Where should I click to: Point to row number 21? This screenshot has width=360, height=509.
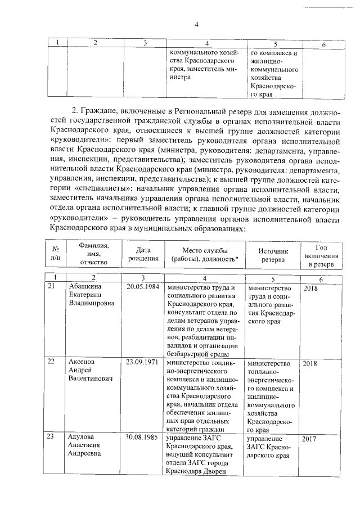pyautogui.click(x=51, y=287)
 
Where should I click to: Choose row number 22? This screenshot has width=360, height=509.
pyautogui.click(x=51, y=363)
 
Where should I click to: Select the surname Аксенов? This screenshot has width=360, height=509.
pyautogui.click(x=82, y=363)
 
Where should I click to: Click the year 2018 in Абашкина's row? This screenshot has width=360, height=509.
pyautogui.click(x=312, y=287)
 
